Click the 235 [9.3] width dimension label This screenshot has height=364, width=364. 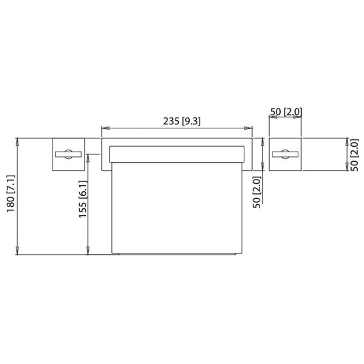coord(182,121)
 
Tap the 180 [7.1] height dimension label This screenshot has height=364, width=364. coord(11,193)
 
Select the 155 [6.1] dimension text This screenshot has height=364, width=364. coord(83,199)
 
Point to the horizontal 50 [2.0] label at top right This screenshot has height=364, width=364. coord(286,112)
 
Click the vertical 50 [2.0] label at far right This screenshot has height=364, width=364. coord(354,155)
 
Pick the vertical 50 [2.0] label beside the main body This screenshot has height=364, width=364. coord(257,192)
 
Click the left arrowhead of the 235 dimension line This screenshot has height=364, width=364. coord(105,128)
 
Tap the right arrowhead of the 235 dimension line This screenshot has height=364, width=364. coord(248,128)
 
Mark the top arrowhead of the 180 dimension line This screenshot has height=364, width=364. coord(17,142)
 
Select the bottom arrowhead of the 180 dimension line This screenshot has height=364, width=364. coord(17,251)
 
